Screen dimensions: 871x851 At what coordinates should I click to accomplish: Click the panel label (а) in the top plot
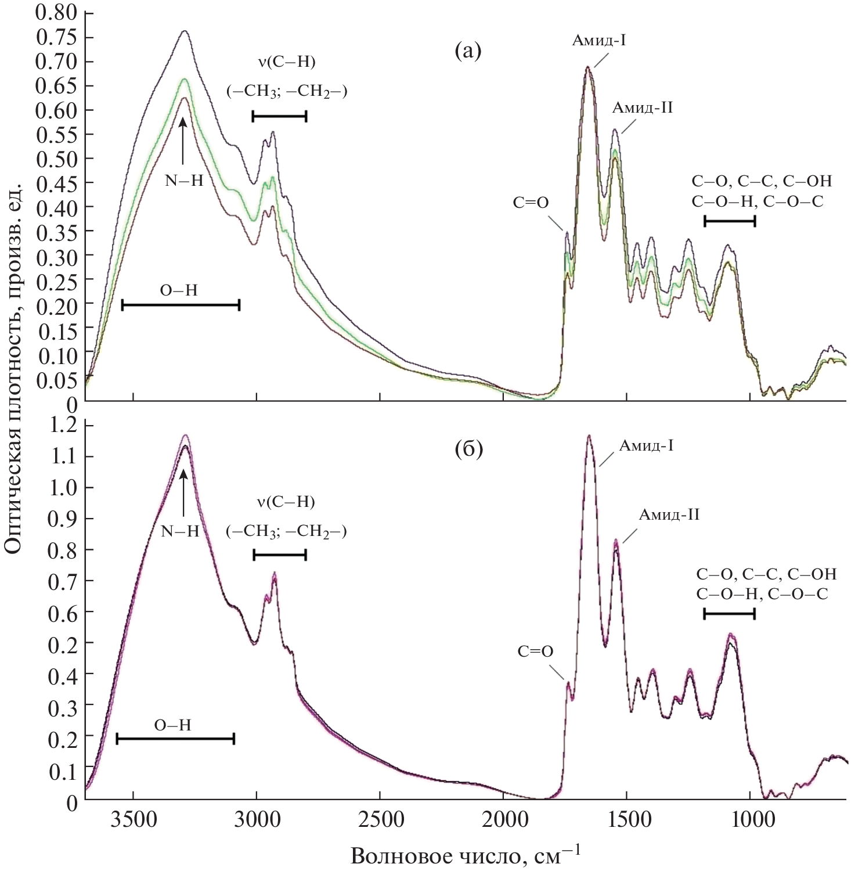coord(468,51)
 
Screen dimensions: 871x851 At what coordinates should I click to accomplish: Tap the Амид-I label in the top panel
coord(598,41)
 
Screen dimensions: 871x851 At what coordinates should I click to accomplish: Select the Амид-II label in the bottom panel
coord(669,514)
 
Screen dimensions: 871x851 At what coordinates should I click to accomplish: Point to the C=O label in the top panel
coord(531,203)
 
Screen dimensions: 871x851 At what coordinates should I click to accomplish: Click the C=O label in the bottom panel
coord(535,652)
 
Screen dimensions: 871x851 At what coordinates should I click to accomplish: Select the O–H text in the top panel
coord(179,290)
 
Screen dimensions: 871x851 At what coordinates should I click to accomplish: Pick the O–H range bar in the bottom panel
coord(175,739)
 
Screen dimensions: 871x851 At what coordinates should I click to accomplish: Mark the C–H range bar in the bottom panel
coord(280,555)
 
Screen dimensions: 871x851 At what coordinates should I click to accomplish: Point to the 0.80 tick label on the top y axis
coord(56,12)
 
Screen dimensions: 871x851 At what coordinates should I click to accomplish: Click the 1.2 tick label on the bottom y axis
coord(64,426)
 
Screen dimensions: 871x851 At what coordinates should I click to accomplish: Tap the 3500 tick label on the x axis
coord(134,820)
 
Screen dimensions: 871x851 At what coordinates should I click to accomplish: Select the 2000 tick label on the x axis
coord(503,820)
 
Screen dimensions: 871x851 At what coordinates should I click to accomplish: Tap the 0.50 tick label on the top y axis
coord(56,159)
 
